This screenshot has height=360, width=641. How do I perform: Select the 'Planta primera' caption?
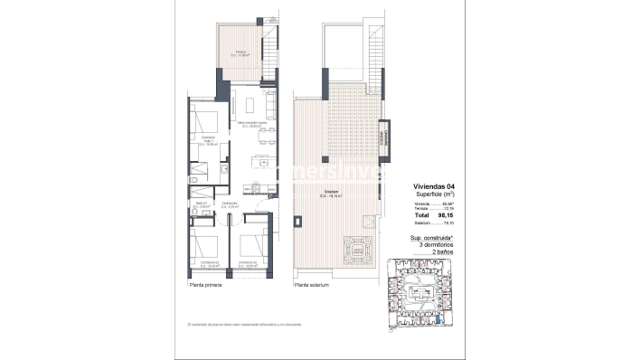(204, 285)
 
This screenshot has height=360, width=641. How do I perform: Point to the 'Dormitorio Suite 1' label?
(209, 139)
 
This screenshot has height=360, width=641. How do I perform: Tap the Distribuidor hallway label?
(231, 205)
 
